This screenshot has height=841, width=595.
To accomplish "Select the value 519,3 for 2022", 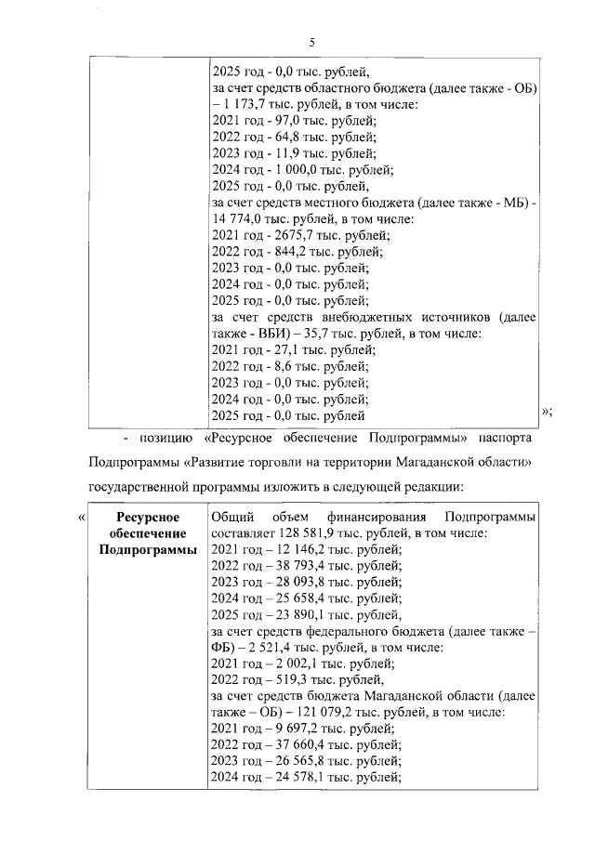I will click(x=280, y=679).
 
